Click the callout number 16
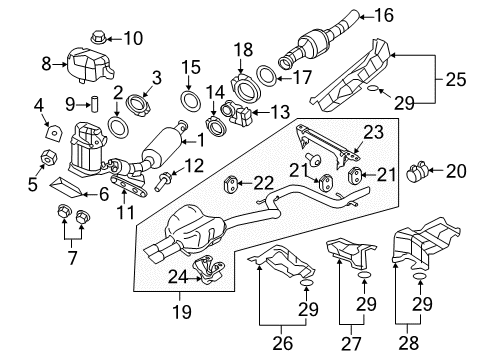384,15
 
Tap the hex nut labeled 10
98,37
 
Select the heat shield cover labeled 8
89,65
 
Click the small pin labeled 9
94,104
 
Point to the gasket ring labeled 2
118,127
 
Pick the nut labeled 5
49,158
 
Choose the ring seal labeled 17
266,76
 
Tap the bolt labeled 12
162,181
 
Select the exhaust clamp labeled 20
418,170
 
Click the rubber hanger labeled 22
230,184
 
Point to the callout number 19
182,311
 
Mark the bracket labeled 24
209,270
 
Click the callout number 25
456,79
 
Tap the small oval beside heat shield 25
373,88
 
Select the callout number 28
409,343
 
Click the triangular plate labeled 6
67,187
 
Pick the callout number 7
72,257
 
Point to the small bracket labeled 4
54,133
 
